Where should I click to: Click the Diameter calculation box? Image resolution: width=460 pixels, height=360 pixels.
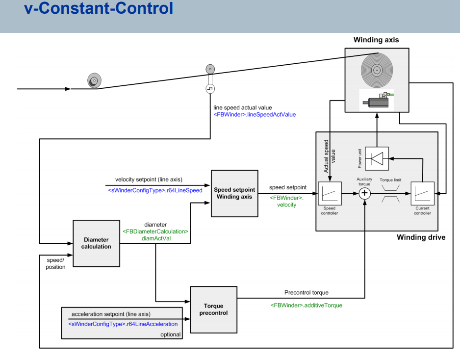(x=96, y=243)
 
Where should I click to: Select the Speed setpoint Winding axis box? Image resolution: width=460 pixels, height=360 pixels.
(x=234, y=193)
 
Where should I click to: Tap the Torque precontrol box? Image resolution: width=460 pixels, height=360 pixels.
(x=214, y=309)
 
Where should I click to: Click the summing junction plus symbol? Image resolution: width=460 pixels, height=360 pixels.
(x=365, y=193)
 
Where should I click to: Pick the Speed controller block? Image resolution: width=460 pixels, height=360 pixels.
(x=330, y=193)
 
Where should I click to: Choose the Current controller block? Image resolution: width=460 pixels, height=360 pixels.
(x=422, y=193)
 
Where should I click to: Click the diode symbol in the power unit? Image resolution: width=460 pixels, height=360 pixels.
(x=377, y=159)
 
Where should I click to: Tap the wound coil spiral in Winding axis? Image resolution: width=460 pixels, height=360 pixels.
(x=377, y=71)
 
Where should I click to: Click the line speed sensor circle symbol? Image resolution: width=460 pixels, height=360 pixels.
(x=210, y=89)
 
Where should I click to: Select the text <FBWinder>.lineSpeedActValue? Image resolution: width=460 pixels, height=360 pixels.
(x=255, y=115)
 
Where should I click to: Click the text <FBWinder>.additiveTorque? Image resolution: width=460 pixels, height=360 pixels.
(x=307, y=306)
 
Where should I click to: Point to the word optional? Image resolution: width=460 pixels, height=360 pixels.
(x=171, y=334)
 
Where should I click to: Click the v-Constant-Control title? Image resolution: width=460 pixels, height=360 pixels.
(x=99, y=8)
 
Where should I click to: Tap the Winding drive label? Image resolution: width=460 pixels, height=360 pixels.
(x=421, y=237)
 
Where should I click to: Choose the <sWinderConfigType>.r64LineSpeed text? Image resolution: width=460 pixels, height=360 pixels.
(x=155, y=190)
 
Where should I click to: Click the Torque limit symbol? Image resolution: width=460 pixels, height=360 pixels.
(x=390, y=193)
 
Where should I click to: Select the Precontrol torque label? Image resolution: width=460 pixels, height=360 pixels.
(x=307, y=292)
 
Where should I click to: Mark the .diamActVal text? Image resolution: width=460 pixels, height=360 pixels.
(x=155, y=238)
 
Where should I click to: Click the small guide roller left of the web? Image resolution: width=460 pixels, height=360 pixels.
(x=94, y=80)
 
